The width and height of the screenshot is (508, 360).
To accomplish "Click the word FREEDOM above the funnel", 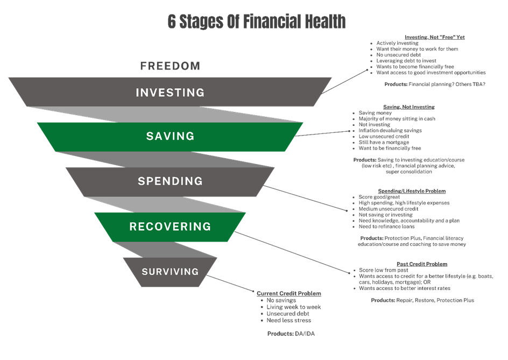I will click(x=170, y=66).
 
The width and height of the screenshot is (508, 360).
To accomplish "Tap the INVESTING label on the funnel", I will click(x=170, y=93).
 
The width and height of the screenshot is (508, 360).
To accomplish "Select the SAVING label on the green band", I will click(x=170, y=137).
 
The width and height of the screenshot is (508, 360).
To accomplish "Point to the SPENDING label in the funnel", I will click(x=170, y=181).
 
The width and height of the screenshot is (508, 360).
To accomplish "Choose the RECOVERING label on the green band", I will click(x=170, y=227).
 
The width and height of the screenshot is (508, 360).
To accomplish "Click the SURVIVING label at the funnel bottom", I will click(x=170, y=272).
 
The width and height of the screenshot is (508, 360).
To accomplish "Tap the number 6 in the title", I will click(x=172, y=22).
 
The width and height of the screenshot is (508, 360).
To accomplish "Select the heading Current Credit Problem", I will click(x=289, y=294).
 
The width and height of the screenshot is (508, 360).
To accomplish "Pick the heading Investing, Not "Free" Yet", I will click(x=434, y=37).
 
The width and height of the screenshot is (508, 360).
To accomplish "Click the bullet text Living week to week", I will click(x=294, y=307).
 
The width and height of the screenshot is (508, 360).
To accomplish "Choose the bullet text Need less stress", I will click(x=289, y=320).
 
